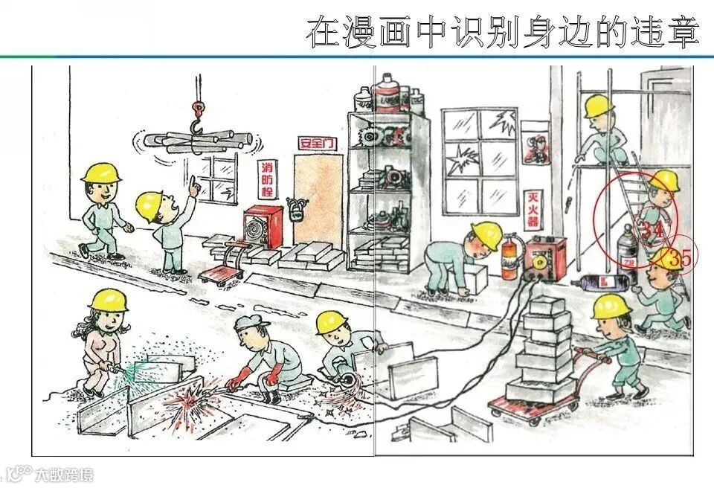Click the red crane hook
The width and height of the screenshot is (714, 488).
(197, 119)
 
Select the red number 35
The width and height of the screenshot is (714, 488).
(679, 258)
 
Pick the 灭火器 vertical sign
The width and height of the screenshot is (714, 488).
(533, 210)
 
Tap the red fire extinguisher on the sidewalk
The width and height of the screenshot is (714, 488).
(509, 257)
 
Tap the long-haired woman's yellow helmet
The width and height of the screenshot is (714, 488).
(108, 300)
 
